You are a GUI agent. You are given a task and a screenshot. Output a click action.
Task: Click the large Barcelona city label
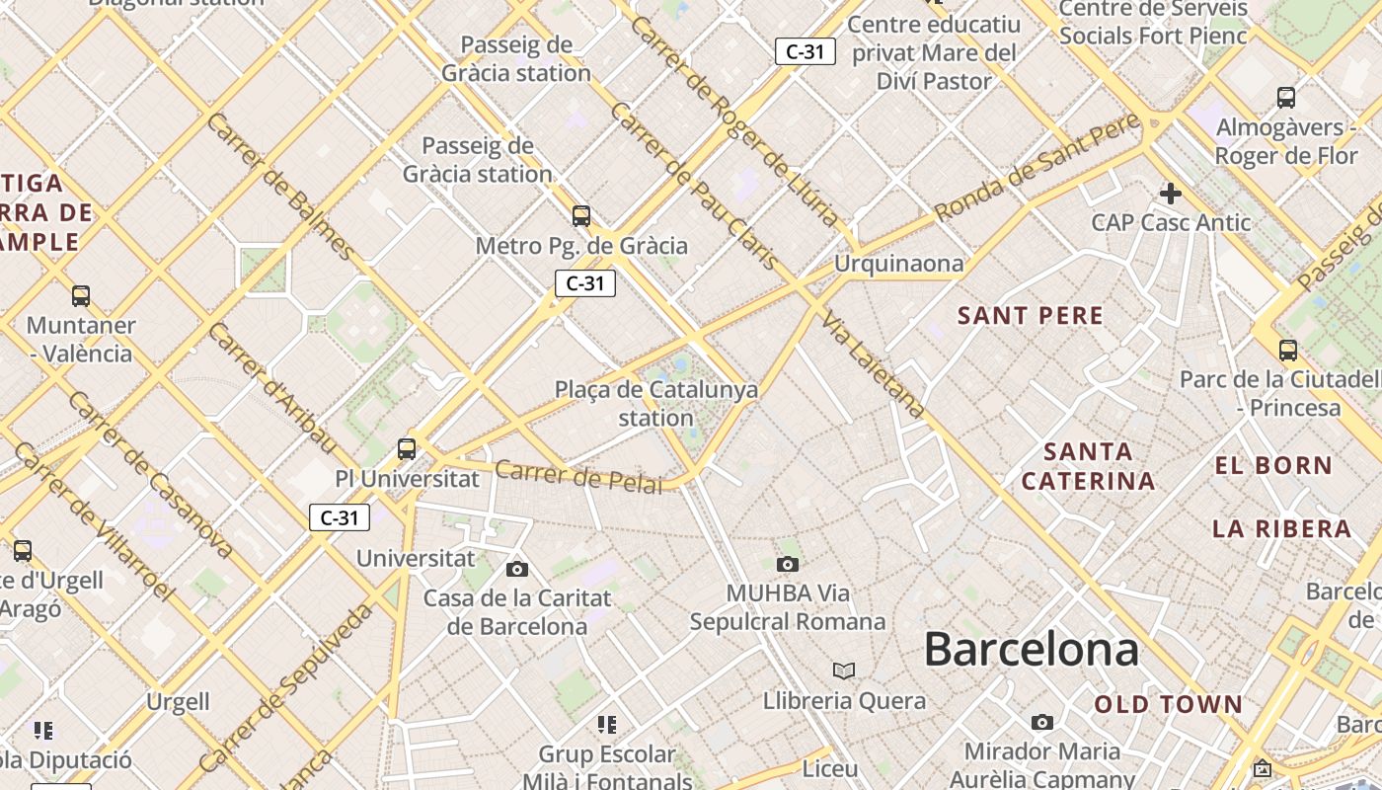pyautogui.click(x=1031, y=650)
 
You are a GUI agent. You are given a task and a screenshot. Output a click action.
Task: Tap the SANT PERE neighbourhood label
pyautogui.click(x=1031, y=316)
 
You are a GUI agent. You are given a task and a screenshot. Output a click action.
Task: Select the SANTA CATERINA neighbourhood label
pyautogui.click(x=1088, y=466)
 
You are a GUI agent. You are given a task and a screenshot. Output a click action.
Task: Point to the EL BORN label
pyautogui.click(x=1273, y=465)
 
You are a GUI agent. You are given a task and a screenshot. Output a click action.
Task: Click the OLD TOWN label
pyautogui.click(x=1168, y=704)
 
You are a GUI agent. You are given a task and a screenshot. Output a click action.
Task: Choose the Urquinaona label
pyautogui.click(x=898, y=264)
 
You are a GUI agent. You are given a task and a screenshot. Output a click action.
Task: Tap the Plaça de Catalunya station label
pyautogui.click(x=656, y=403)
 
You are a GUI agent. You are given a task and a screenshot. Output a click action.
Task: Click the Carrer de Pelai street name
pyautogui.click(x=578, y=476)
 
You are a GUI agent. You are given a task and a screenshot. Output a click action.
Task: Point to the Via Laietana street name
pyautogui.click(x=875, y=365)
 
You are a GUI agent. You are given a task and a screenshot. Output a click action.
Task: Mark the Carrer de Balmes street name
pyautogui.click(x=281, y=187)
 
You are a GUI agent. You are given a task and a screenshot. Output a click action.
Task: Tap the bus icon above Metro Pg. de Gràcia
pyautogui.click(x=581, y=215)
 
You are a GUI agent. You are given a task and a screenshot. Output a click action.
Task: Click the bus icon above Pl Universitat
pyautogui.click(x=406, y=448)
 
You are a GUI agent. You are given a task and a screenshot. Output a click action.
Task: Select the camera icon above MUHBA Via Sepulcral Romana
pyautogui.click(x=787, y=564)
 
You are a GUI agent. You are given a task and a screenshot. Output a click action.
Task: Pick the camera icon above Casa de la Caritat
pyautogui.click(x=516, y=569)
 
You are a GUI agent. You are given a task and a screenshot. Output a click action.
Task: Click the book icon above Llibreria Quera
pyautogui.click(x=843, y=671)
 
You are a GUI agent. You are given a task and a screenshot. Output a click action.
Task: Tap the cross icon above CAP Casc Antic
pyautogui.click(x=1171, y=193)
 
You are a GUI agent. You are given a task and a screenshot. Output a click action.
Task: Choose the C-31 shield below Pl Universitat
pyautogui.click(x=340, y=517)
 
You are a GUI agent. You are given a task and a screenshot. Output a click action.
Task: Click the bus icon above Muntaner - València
pyautogui.click(x=81, y=295)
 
